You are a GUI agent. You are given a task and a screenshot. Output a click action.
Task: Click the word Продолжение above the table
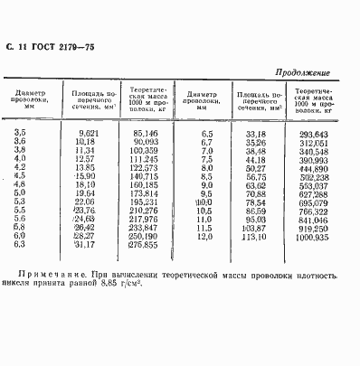pos(301,72)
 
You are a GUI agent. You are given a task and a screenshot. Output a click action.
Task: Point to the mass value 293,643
pos(308,133)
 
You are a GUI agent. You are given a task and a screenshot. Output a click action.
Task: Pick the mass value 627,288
pos(308,192)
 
